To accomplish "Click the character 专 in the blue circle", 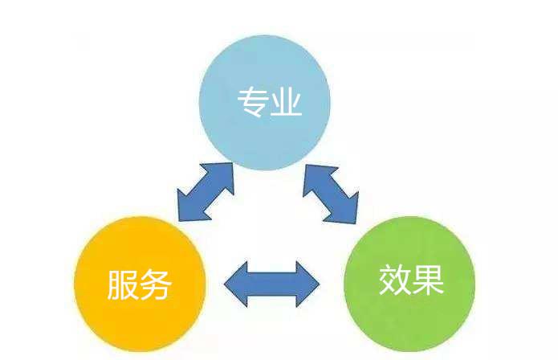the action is (x=252, y=103).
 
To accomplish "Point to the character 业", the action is (x=286, y=103).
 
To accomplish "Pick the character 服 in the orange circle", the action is (x=123, y=284).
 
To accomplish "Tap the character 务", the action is (x=156, y=284).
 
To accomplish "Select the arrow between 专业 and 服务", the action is (x=205, y=191).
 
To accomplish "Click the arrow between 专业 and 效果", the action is (x=330, y=191).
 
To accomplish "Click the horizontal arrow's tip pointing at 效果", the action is (x=315, y=284).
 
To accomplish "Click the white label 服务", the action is (x=140, y=284).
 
